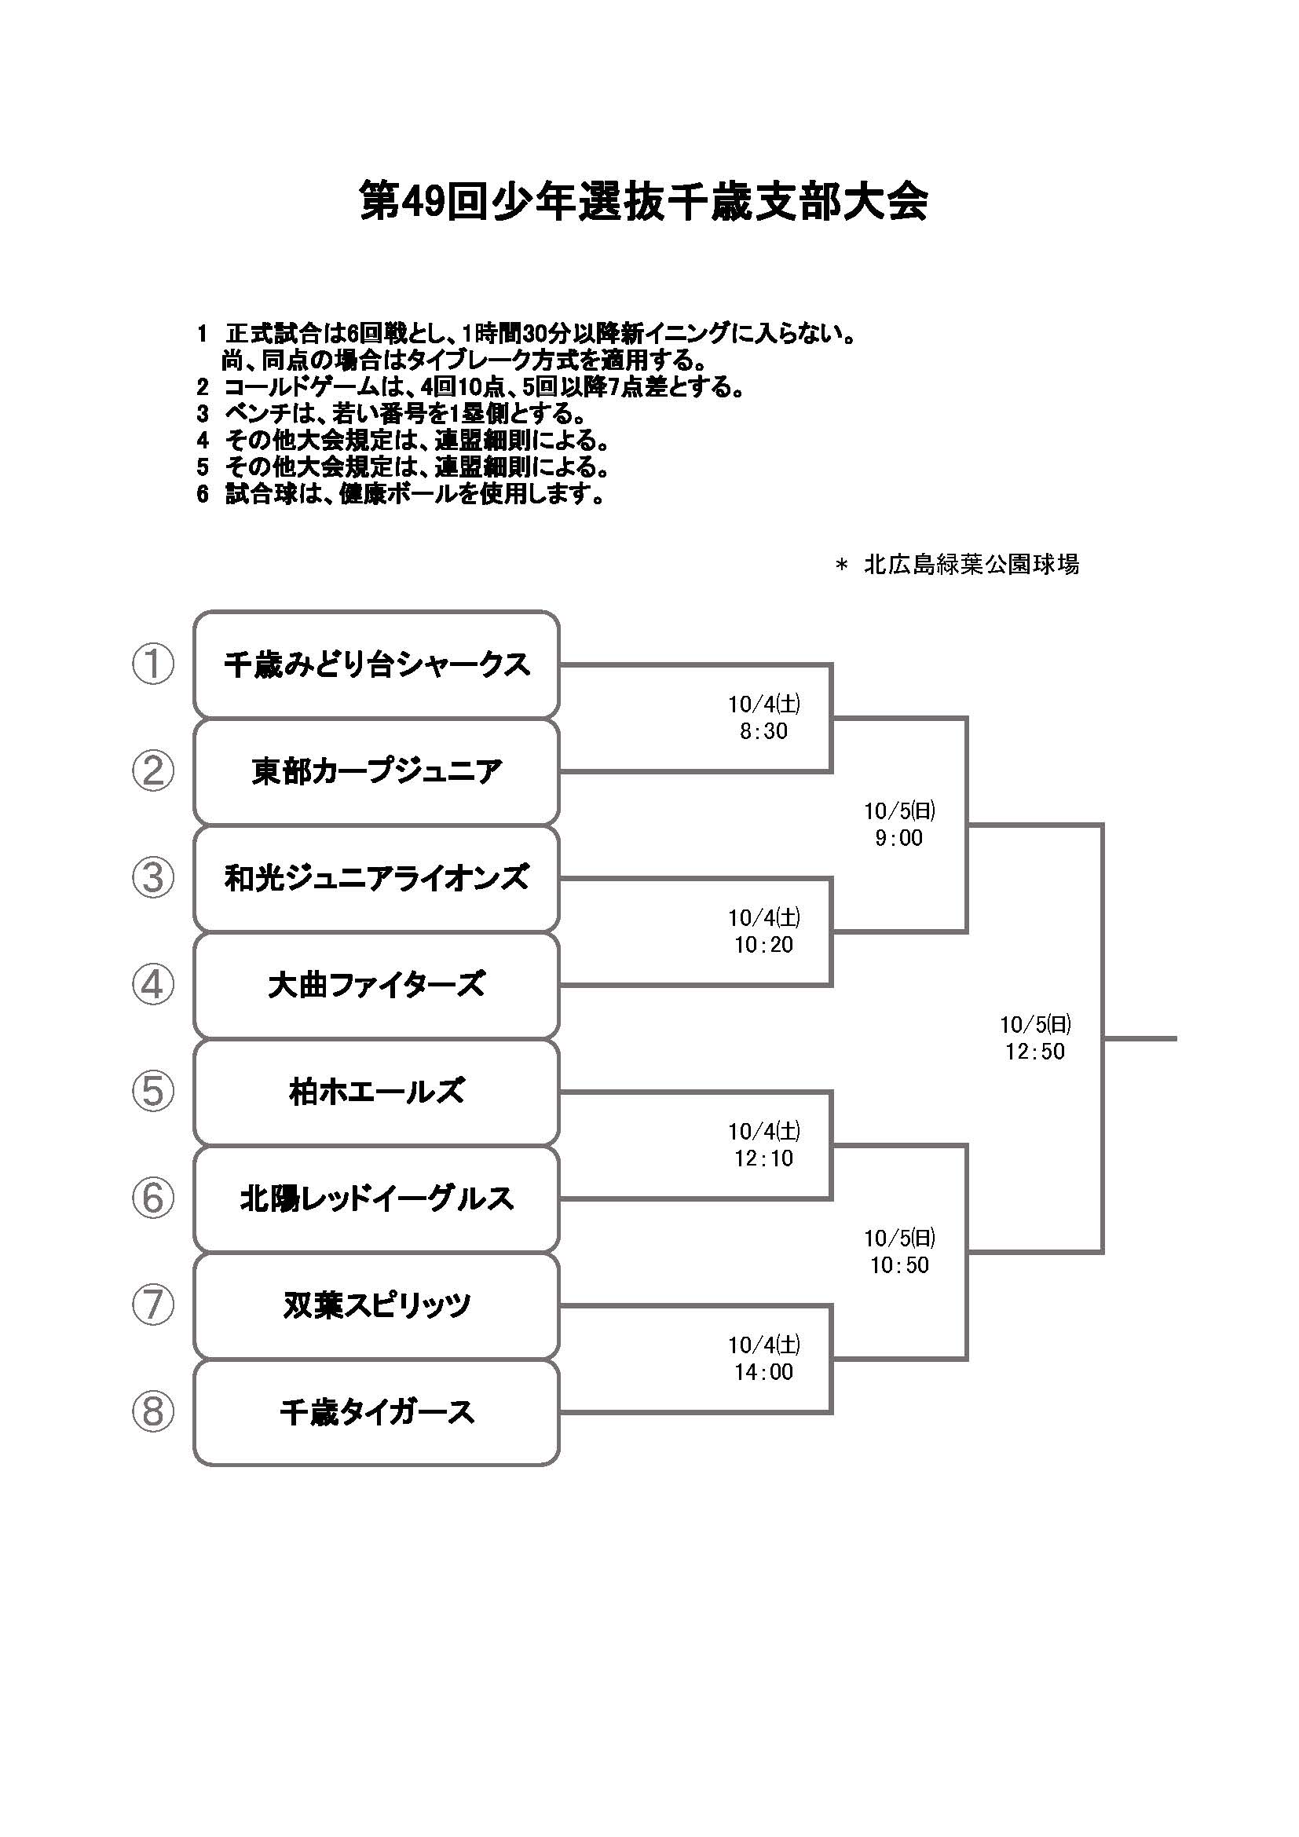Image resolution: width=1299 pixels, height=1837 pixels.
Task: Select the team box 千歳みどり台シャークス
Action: pos(376,664)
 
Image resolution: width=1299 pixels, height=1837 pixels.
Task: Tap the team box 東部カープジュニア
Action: pos(376,771)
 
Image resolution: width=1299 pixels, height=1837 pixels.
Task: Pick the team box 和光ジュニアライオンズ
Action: pos(376,878)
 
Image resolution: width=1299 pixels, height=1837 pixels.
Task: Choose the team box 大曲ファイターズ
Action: pos(376,984)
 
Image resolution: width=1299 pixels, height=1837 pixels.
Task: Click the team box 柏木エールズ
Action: pos(376,1092)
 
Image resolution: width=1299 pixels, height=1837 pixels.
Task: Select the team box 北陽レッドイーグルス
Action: pos(376,1198)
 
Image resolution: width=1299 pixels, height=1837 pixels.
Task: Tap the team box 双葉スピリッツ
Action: pos(376,1305)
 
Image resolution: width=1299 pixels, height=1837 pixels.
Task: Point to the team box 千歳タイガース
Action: pos(376,1412)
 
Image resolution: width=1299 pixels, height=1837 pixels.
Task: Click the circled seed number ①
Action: pos(153,664)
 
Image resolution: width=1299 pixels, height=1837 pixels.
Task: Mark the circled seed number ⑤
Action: pos(153,1092)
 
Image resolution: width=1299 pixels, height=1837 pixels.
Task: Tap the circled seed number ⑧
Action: pos(153,1412)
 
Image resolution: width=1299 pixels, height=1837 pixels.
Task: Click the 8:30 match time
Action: pos(764,730)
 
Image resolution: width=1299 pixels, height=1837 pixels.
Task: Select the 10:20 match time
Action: pos(764,944)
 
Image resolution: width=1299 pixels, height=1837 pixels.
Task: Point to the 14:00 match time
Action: pos(764,1371)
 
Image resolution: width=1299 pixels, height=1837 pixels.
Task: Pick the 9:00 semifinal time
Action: pos(899,838)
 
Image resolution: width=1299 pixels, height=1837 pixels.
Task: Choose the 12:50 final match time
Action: pos(1035,1052)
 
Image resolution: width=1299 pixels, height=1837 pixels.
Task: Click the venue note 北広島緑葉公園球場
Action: pos(971,565)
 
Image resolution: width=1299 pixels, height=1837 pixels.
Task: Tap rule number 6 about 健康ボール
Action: pos(400,494)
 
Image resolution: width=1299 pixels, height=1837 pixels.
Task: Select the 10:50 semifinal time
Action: pos(899,1265)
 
